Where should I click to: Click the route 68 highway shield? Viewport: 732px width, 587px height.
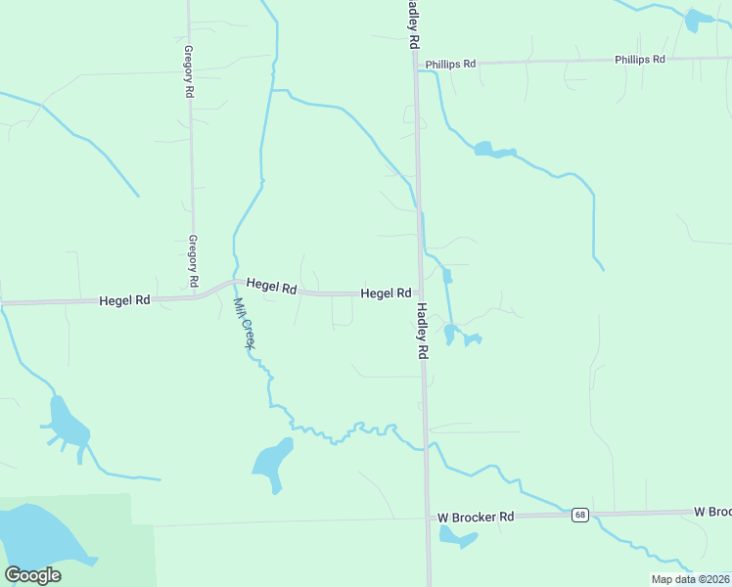point(580,515)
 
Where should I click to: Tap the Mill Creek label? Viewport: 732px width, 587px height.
point(245,324)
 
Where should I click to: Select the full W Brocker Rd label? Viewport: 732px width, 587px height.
point(476,517)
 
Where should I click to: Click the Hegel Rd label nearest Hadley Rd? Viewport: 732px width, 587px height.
point(386,293)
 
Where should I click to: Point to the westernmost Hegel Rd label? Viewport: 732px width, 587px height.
point(124,300)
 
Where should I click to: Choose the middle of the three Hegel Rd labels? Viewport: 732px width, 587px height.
point(271,286)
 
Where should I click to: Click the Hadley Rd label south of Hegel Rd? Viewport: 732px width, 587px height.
point(423,331)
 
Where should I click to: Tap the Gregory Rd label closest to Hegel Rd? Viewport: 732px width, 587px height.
point(194,261)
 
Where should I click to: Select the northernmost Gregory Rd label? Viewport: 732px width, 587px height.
point(188,70)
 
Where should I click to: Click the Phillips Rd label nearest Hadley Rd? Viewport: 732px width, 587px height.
point(450,64)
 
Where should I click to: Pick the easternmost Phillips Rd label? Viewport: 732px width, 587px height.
point(640,60)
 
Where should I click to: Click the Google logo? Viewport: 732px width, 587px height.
point(33,575)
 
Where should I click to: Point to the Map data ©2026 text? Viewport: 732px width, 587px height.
point(690,579)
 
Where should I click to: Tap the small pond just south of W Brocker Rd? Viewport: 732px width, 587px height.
point(456,535)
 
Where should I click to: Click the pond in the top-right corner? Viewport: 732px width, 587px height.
point(699,20)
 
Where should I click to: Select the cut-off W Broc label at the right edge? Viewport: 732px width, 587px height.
point(712,512)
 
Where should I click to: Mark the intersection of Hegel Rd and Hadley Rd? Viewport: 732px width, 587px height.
point(420,293)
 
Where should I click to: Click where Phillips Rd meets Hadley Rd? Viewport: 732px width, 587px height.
point(416,66)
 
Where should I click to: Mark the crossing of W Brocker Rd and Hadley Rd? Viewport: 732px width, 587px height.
point(427,519)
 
